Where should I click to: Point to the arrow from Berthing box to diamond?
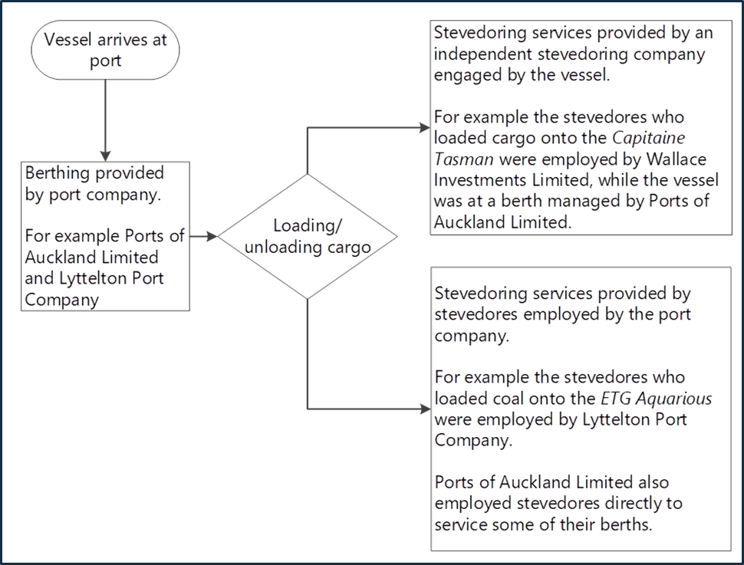coord(202,236)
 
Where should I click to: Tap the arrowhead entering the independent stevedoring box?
coord(424,128)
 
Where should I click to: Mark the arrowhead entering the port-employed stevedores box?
coord(424,409)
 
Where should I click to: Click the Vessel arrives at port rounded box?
coord(105,51)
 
